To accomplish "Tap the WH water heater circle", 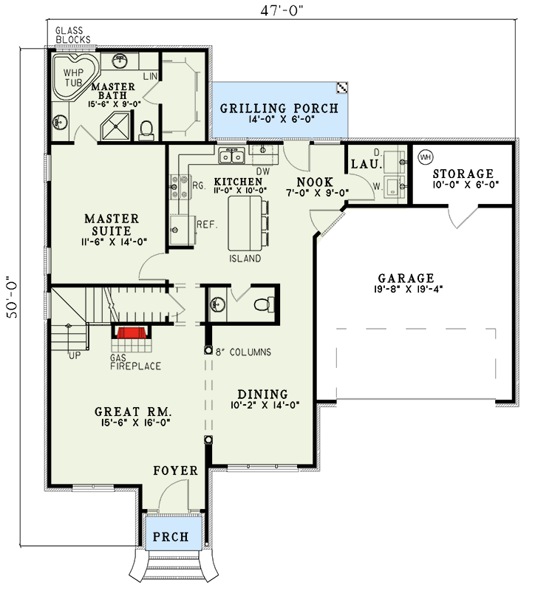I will pos(426,157).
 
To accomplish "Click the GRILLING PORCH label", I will pos(279,109).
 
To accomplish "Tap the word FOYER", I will pos(175,471).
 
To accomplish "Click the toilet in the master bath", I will pos(146,129).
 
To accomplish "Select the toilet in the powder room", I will pos(261,304).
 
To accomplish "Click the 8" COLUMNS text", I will pos(244,352).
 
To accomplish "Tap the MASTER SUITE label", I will pos(111,225).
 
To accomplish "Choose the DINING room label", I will pos(262,394).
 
